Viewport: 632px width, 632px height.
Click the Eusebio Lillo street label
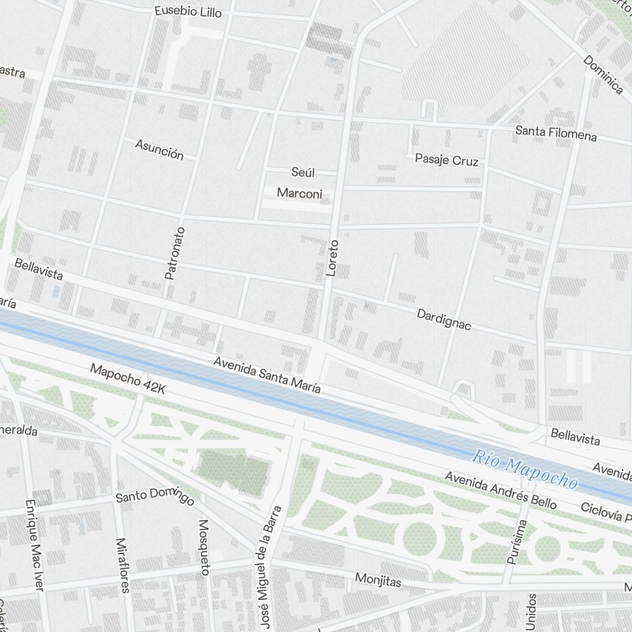tap(188, 11)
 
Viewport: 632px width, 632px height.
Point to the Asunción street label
tap(159, 150)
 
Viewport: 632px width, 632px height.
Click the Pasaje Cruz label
tap(446, 160)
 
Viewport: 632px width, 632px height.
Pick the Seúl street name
tap(303, 173)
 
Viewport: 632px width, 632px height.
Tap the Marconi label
tap(300, 193)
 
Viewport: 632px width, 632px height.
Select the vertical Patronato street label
tap(174, 253)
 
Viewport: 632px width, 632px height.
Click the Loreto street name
tap(332, 258)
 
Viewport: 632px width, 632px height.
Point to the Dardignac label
tap(444, 319)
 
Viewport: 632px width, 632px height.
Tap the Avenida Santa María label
tap(267, 375)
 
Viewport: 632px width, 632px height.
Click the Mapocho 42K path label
tap(128, 379)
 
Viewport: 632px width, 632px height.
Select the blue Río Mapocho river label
tap(525, 470)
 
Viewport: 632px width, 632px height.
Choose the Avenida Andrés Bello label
tap(500, 490)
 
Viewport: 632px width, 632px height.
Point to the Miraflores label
tap(123, 565)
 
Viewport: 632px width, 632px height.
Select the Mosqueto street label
tap(204, 547)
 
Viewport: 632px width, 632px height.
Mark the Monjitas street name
tap(378, 580)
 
